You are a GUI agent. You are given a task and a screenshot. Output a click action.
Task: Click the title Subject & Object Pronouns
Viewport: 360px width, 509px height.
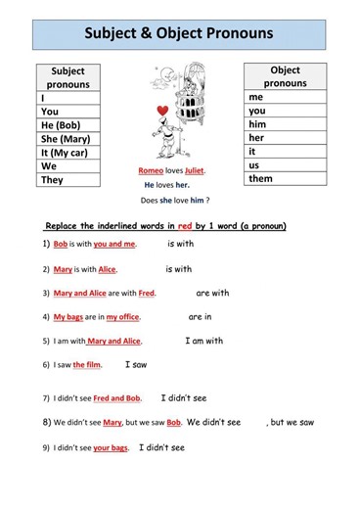pos(179,34)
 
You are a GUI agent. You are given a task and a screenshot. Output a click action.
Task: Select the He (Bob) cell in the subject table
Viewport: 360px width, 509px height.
pos(61,125)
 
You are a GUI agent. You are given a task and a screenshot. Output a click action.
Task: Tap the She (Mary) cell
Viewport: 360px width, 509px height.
pos(65,139)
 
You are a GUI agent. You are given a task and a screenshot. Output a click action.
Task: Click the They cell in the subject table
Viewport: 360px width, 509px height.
pos(52,180)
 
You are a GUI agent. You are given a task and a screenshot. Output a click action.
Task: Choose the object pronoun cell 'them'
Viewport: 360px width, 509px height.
pos(261,179)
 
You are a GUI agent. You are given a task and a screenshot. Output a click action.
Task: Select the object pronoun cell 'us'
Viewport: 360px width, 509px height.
pos(254,165)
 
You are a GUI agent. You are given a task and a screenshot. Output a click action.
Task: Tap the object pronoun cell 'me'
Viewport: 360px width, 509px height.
pos(256,98)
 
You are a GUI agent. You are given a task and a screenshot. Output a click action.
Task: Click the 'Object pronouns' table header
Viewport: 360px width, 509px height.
pos(285,76)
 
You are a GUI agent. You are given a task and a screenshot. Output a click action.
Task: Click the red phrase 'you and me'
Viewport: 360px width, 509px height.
pos(115,244)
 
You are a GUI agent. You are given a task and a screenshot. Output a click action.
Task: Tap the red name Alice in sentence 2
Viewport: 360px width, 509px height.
pos(107,269)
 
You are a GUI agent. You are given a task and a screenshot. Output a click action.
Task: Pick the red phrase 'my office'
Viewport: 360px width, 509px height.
pos(125,317)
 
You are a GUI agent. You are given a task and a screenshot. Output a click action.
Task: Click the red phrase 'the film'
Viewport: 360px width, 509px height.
pos(87,365)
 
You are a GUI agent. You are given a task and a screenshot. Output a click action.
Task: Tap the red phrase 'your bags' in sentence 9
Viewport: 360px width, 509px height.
pos(111,448)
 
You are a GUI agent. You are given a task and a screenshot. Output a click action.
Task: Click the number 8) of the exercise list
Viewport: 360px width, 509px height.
pos(46,422)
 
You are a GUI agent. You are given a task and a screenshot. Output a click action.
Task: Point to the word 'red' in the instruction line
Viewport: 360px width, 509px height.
pos(185,226)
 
